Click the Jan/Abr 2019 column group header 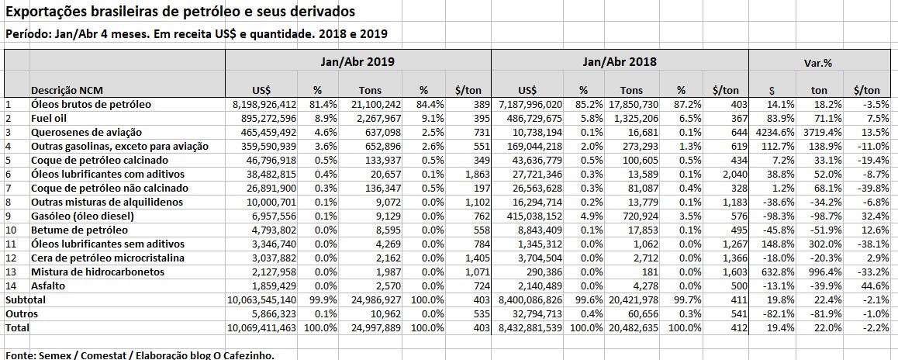pos(357,61)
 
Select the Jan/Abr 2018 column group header pos(619,61)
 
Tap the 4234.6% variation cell pos(772,133)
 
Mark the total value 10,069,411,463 pos(254,328)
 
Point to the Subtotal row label pos(26,299)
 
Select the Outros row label pos(22,313)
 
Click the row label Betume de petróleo pos(75,230)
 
